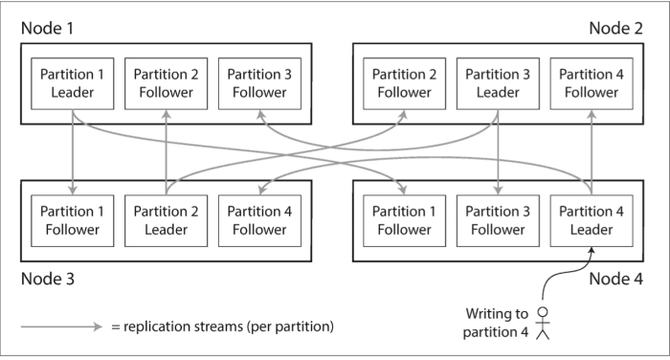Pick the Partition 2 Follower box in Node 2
tap(403, 82)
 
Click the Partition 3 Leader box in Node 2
tap(497, 82)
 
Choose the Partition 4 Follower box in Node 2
tap(591, 82)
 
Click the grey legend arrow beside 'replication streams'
tap(61, 326)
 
